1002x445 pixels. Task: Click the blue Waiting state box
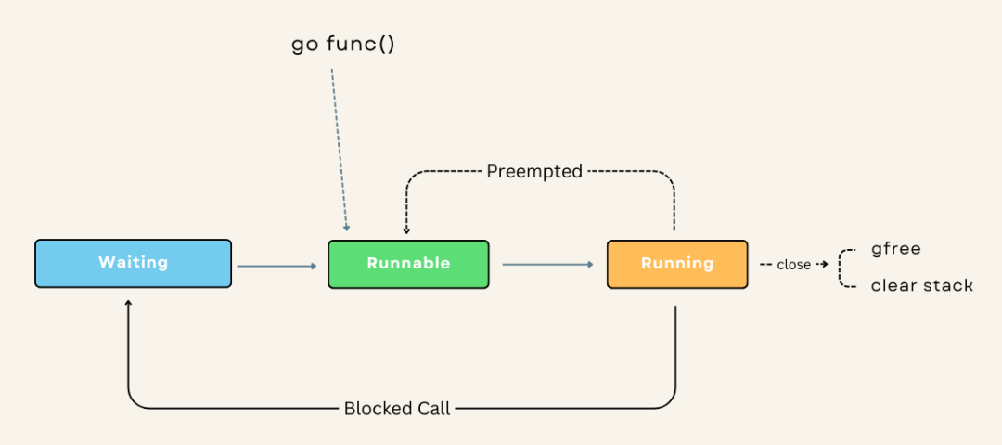pos(133,263)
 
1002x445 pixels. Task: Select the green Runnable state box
pos(408,264)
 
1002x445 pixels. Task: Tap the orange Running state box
pos(677,264)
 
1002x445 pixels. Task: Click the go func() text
pos(343,45)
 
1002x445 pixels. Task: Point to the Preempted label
pos(534,172)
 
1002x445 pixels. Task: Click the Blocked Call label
pos(397,409)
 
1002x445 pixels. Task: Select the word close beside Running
pos(793,265)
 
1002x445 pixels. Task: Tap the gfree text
pos(896,249)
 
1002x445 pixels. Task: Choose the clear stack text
pos(921,285)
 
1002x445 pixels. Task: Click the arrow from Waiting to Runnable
pos(276,266)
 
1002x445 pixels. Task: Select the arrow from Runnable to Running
pos(548,264)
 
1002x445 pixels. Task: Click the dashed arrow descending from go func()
pos(340,150)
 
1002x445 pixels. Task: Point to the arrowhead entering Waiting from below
pos(128,302)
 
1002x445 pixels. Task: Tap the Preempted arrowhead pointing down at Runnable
pos(406,231)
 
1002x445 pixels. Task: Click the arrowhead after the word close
pos(825,264)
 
